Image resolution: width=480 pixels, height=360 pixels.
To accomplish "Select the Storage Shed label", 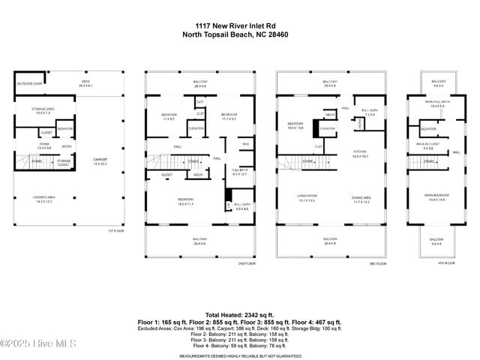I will coord(43,111).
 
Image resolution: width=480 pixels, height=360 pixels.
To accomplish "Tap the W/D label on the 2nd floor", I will coord(245,143).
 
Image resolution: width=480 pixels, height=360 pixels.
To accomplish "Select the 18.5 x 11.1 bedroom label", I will coord(187,201).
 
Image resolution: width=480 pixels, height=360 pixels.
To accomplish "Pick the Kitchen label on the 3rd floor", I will coord(361,154).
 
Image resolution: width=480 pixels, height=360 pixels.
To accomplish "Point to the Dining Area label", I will coord(361,198).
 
